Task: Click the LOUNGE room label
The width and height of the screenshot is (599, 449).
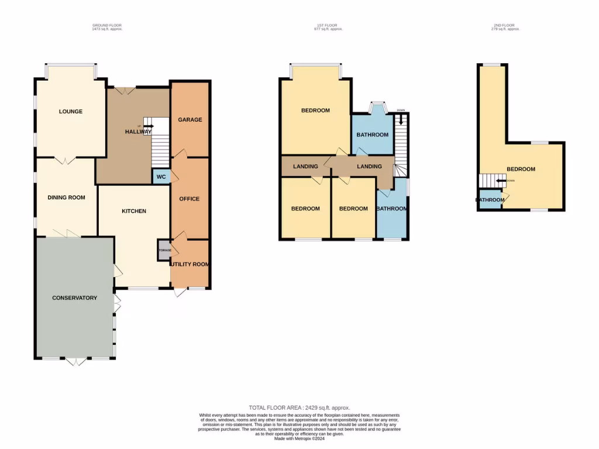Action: [70, 111]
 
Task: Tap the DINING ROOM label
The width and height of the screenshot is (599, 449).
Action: [66, 198]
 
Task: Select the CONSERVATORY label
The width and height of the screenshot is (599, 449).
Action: [74, 298]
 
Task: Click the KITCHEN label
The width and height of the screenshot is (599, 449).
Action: [134, 211]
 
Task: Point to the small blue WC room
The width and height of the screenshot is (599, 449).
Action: [160, 177]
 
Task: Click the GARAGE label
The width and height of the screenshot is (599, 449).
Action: [190, 120]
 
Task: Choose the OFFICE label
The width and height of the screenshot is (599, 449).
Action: [189, 199]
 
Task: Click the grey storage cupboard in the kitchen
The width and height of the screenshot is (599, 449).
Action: [164, 250]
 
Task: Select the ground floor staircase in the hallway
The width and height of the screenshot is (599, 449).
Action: [161, 149]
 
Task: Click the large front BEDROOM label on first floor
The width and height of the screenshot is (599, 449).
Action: [315, 110]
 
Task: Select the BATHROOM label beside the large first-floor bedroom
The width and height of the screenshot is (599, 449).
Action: [373, 135]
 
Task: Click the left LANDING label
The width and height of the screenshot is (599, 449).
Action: [305, 167]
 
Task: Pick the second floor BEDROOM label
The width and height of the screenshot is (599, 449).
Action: [521, 170]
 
